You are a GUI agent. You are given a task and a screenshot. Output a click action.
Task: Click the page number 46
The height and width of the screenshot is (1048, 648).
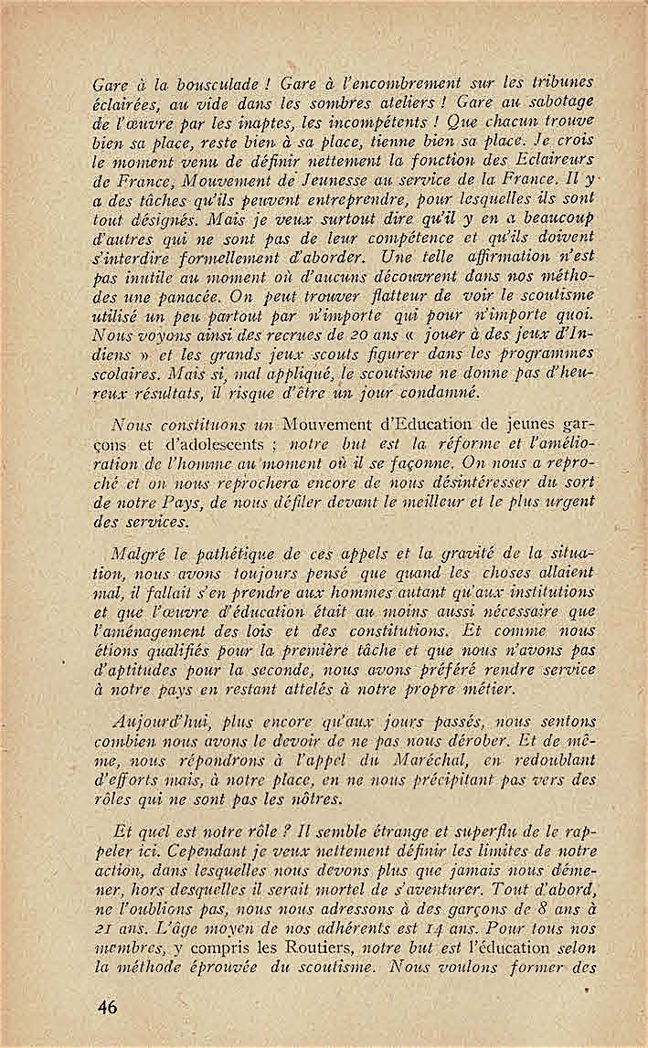[108, 1007]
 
